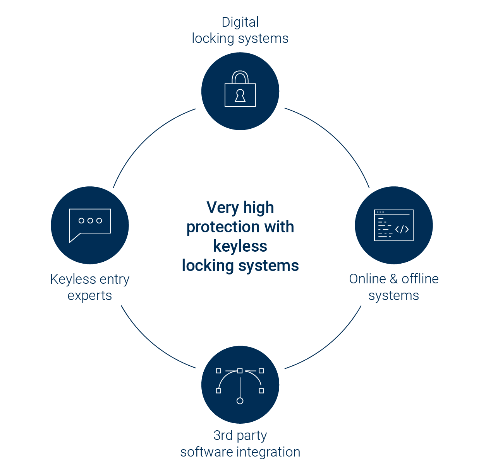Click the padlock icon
click(240, 89)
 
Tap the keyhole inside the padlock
click(240, 95)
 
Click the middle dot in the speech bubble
click(90, 221)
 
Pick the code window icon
click(393, 225)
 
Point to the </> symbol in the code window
click(402, 229)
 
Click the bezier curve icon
click(240, 386)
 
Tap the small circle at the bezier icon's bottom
click(240, 400)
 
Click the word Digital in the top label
click(240, 22)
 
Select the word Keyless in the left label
click(73, 279)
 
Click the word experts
click(90, 295)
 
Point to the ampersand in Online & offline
click(394, 279)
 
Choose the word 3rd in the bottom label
click(223, 435)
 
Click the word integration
click(268, 452)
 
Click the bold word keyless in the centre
click(240, 246)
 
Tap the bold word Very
click(223, 208)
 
